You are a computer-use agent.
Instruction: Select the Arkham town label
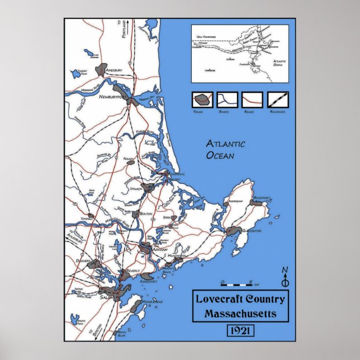pos(159,249)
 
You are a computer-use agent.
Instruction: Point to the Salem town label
pos(107,297)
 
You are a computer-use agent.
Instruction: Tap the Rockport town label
pos(262,198)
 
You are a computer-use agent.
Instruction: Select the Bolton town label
pos(145,214)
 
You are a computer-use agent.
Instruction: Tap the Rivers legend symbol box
pos(227,100)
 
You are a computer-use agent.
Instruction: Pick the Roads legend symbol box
pos(252,100)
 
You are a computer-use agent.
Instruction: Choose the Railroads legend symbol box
pos(278,100)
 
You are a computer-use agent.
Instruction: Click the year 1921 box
pos(240,331)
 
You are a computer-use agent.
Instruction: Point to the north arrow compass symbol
pos(285,277)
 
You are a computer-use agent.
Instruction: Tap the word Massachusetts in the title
pos(240,313)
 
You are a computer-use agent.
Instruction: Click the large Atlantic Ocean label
pos(225,149)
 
